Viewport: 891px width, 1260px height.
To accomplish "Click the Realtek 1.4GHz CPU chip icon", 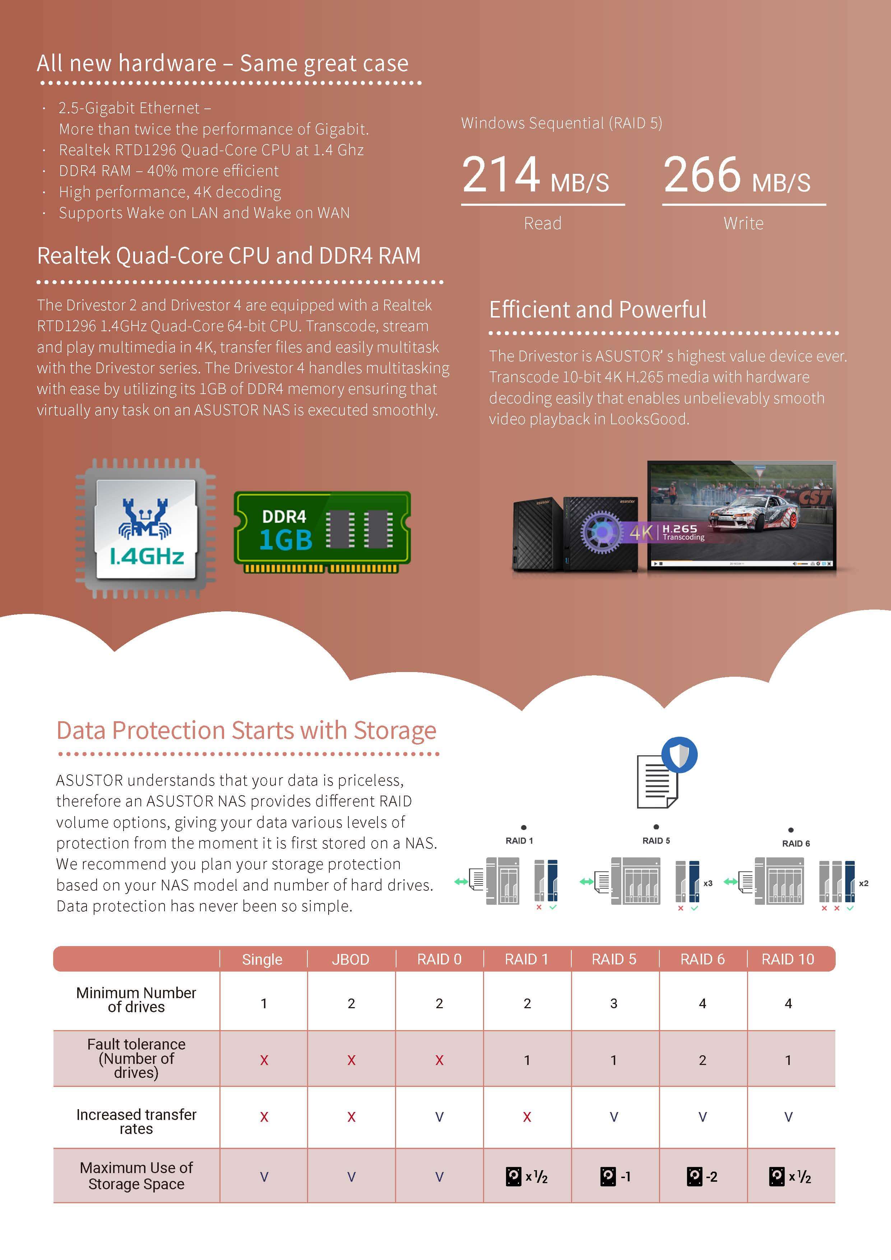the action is [145, 528].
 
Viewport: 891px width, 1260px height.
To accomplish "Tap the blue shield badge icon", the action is [679, 755].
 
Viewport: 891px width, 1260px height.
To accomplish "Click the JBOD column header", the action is [351, 959].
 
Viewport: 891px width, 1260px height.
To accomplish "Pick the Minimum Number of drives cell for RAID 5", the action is [614, 1003].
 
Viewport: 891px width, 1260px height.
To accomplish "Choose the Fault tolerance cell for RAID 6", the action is [702, 1060].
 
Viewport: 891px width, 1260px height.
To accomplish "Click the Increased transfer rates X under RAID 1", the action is [527, 1117].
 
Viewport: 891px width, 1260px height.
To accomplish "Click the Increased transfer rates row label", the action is [136, 1121].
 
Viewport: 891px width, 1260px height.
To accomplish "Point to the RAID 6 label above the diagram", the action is [795, 843].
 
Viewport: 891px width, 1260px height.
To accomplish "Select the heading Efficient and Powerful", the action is [598, 310].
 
